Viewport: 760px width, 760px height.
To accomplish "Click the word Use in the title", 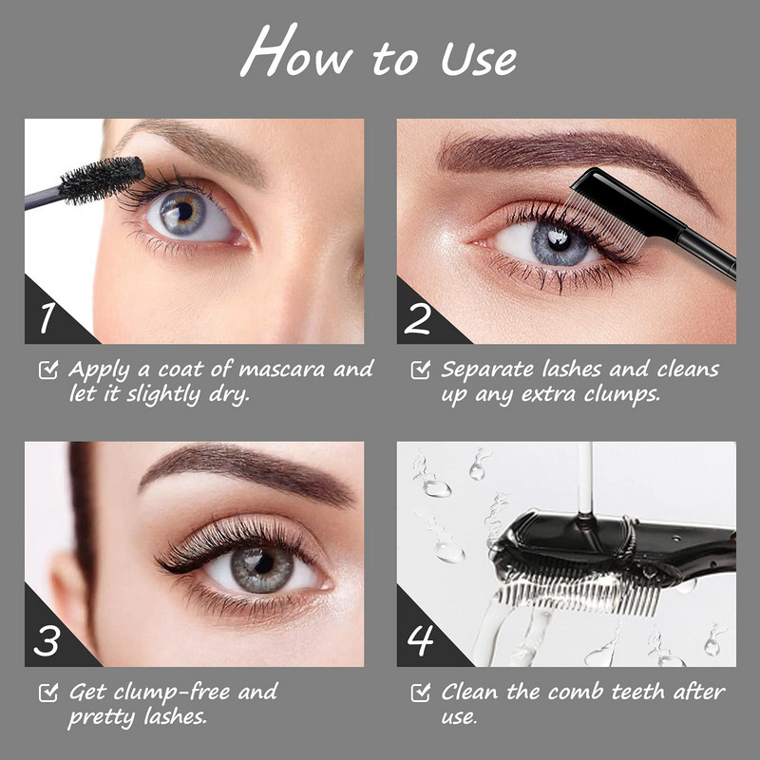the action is (x=479, y=59).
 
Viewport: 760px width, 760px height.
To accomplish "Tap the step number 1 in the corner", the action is (x=47, y=318).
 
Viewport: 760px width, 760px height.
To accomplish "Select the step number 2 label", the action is (x=417, y=318).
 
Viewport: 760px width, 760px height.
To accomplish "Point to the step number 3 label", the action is (x=47, y=640).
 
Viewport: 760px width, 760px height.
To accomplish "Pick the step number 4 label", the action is (x=420, y=639).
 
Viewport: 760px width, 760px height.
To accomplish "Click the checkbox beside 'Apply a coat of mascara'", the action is (x=48, y=370).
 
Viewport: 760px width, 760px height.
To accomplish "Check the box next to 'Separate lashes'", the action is (x=420, y=370).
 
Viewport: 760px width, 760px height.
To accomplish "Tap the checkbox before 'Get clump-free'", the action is (x=48, y=693).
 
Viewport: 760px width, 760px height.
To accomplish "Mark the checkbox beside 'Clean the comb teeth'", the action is (x=420, y=693).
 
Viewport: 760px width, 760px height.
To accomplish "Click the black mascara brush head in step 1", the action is (x=102, y=180).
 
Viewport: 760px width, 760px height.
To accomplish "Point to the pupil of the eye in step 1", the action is (x=184, y=211).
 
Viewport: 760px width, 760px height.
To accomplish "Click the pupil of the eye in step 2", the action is (x=559, y=240).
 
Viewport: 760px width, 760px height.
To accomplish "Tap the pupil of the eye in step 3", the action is (x=263, y=562).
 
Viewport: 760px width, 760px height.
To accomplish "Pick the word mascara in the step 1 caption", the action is (x=282, y=370).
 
